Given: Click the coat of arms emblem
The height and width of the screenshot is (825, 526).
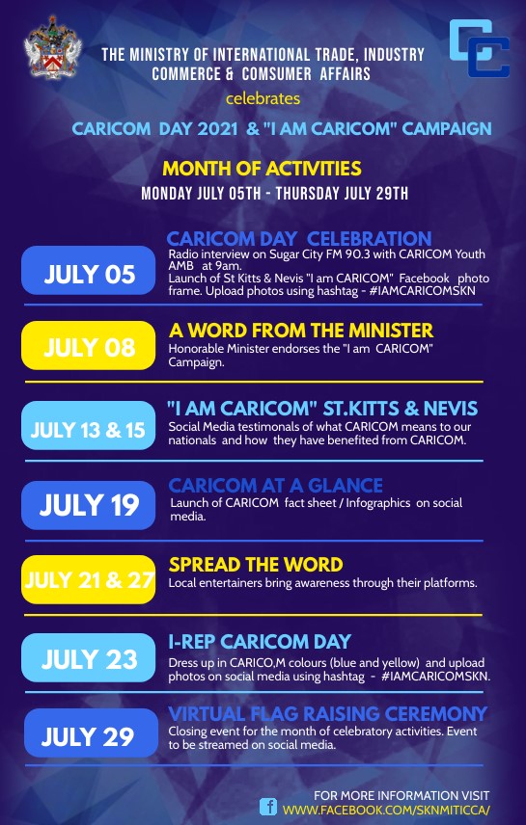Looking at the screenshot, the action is point(53,47).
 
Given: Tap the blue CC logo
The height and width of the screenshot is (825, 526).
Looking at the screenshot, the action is point(479,48).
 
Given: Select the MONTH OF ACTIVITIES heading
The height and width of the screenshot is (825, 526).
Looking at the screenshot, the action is point(262,169).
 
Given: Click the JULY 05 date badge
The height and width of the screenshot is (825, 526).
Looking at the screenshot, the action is point(89,271).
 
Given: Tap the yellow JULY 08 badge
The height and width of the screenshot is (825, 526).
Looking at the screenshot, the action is point(89,345).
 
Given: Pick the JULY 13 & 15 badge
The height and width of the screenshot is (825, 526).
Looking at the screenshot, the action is point(89,425).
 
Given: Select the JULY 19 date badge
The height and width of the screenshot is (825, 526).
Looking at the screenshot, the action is point(89,505).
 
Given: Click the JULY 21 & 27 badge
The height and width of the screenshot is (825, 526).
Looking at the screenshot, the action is point(89,579).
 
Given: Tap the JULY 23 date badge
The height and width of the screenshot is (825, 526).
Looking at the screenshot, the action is point(89,657).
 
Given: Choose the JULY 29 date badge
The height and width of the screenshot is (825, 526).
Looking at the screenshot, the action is point(91,732).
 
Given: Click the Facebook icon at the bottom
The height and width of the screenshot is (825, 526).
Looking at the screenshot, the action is point(268,807).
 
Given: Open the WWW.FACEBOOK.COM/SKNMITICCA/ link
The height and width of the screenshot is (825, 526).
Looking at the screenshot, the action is point(386,810).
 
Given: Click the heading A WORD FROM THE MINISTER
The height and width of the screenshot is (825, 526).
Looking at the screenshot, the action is point(301,331).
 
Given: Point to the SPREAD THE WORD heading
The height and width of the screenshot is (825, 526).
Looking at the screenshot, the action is point(256,565).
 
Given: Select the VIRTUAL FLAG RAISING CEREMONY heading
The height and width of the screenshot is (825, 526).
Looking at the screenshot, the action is point(328,713).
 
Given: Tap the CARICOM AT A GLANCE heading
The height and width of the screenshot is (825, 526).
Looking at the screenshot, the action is point(276,485).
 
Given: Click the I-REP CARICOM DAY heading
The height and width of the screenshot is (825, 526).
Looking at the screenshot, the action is point(260,641).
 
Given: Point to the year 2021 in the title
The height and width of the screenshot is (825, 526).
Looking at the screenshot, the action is point(217,129).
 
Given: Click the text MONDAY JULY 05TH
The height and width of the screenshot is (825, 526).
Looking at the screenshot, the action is point(201,193).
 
